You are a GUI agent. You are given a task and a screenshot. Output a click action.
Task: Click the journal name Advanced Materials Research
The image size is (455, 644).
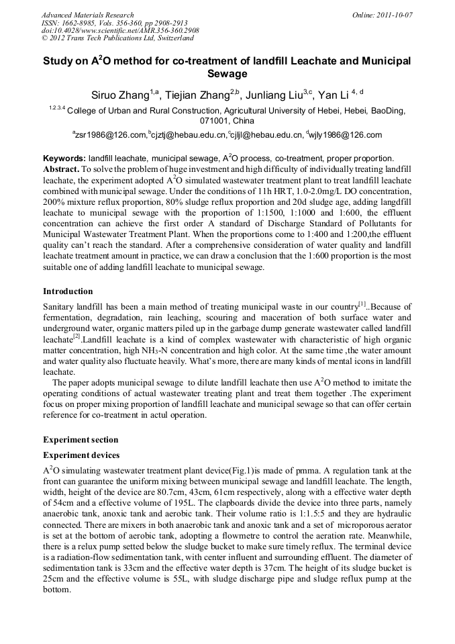click(x=87, y=15)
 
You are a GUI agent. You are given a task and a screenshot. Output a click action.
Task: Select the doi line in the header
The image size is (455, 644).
click(x=120, y=31)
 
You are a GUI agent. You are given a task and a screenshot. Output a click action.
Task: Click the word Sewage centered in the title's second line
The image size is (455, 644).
click(x=227, y=74)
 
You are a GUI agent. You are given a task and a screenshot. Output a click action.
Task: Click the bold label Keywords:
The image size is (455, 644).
click(x=64, y=158)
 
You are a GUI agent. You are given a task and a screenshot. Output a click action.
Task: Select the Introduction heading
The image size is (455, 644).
click(x=68, y=291)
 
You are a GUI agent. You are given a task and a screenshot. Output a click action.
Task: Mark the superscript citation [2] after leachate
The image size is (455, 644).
click(x=77, y=336)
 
